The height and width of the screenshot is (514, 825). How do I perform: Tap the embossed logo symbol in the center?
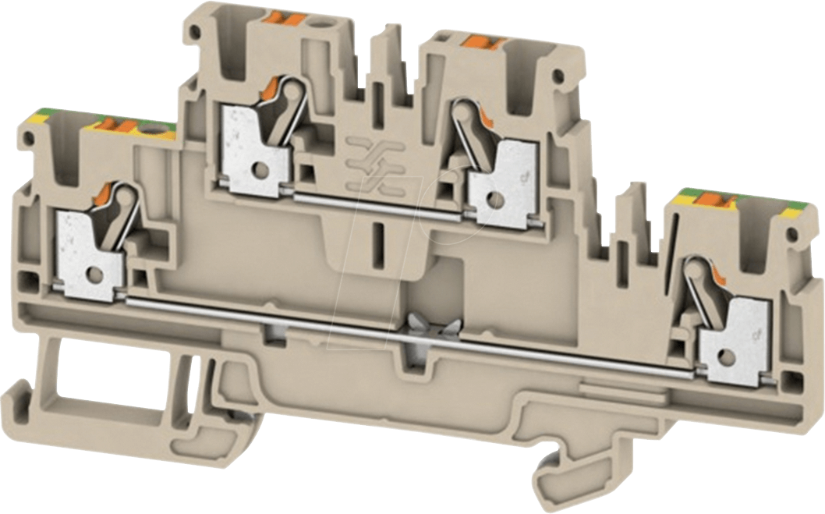[x=372, y=161]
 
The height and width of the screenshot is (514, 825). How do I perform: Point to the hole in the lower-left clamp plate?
[x=95, y=275]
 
